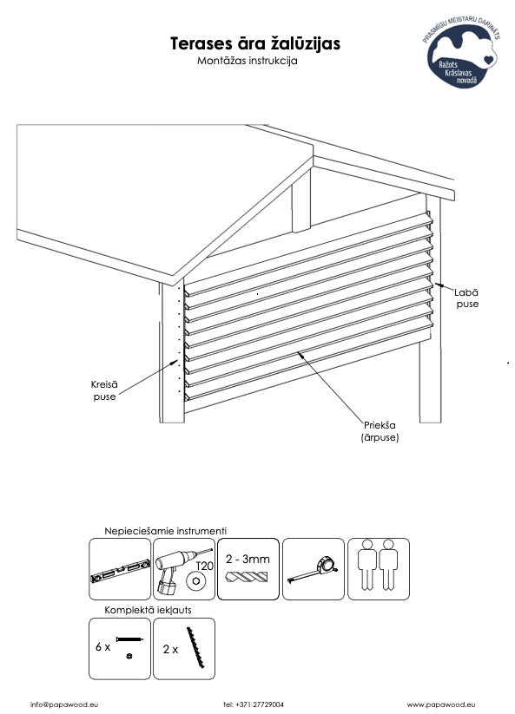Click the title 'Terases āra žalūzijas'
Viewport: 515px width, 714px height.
click(x=255, y=43)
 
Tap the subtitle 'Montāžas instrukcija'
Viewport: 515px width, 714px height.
click(x=247, y=61)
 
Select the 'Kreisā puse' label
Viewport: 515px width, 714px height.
click(x=105, y=390)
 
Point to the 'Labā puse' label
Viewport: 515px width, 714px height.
click(x=467, y=298)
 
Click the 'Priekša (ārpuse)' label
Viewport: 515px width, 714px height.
click(x=380, y=431)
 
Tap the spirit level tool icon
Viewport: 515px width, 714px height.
click(x=120, y=571)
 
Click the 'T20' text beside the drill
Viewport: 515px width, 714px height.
click(x=204, y=566)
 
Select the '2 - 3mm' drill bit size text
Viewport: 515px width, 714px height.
click(x=248, y=559)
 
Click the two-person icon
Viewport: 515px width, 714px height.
click(x=378, y=565)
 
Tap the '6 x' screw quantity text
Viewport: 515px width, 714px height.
click(x=103, y=646)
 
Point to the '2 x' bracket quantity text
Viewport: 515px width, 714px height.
click(x=170, y=649)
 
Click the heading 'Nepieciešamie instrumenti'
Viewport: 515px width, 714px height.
click(x=165, y=531)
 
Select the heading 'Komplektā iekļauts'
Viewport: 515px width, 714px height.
click(x=148, y=610)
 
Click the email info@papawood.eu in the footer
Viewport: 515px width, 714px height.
click(x=64, y=704)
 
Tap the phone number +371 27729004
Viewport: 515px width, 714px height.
click(x=254, y=704)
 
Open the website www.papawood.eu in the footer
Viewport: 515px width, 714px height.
click(x=442, y=704)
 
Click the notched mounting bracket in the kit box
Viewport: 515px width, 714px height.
click(x=195, y=647)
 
